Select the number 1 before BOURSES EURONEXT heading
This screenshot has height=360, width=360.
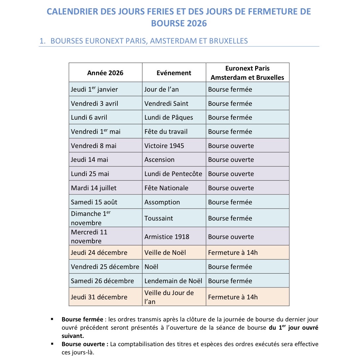coord(42,41)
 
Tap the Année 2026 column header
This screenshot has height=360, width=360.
coord(105,73)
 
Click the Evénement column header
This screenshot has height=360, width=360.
coord(174,73)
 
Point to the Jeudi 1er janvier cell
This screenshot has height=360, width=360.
coord(94,89)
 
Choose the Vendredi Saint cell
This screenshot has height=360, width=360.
coord(166,104)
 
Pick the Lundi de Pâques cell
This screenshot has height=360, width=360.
coord(168,118)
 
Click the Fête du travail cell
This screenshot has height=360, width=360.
coord(166,132)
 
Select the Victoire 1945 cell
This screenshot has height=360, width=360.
coord(164,146)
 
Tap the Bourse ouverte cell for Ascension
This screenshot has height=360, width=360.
coord(231,160)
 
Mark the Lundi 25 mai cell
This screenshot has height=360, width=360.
coord(90,174)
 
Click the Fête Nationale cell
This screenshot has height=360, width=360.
coord(166,188)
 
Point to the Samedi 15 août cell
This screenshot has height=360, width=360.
coord(94,202)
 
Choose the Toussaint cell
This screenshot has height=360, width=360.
coord(159,218)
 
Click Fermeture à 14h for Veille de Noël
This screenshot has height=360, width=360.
coord(233,253)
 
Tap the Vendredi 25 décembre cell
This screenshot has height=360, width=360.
coord(105,267)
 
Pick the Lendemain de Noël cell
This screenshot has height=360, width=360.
coord(173,281)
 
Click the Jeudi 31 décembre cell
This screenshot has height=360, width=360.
coord(99,297)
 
